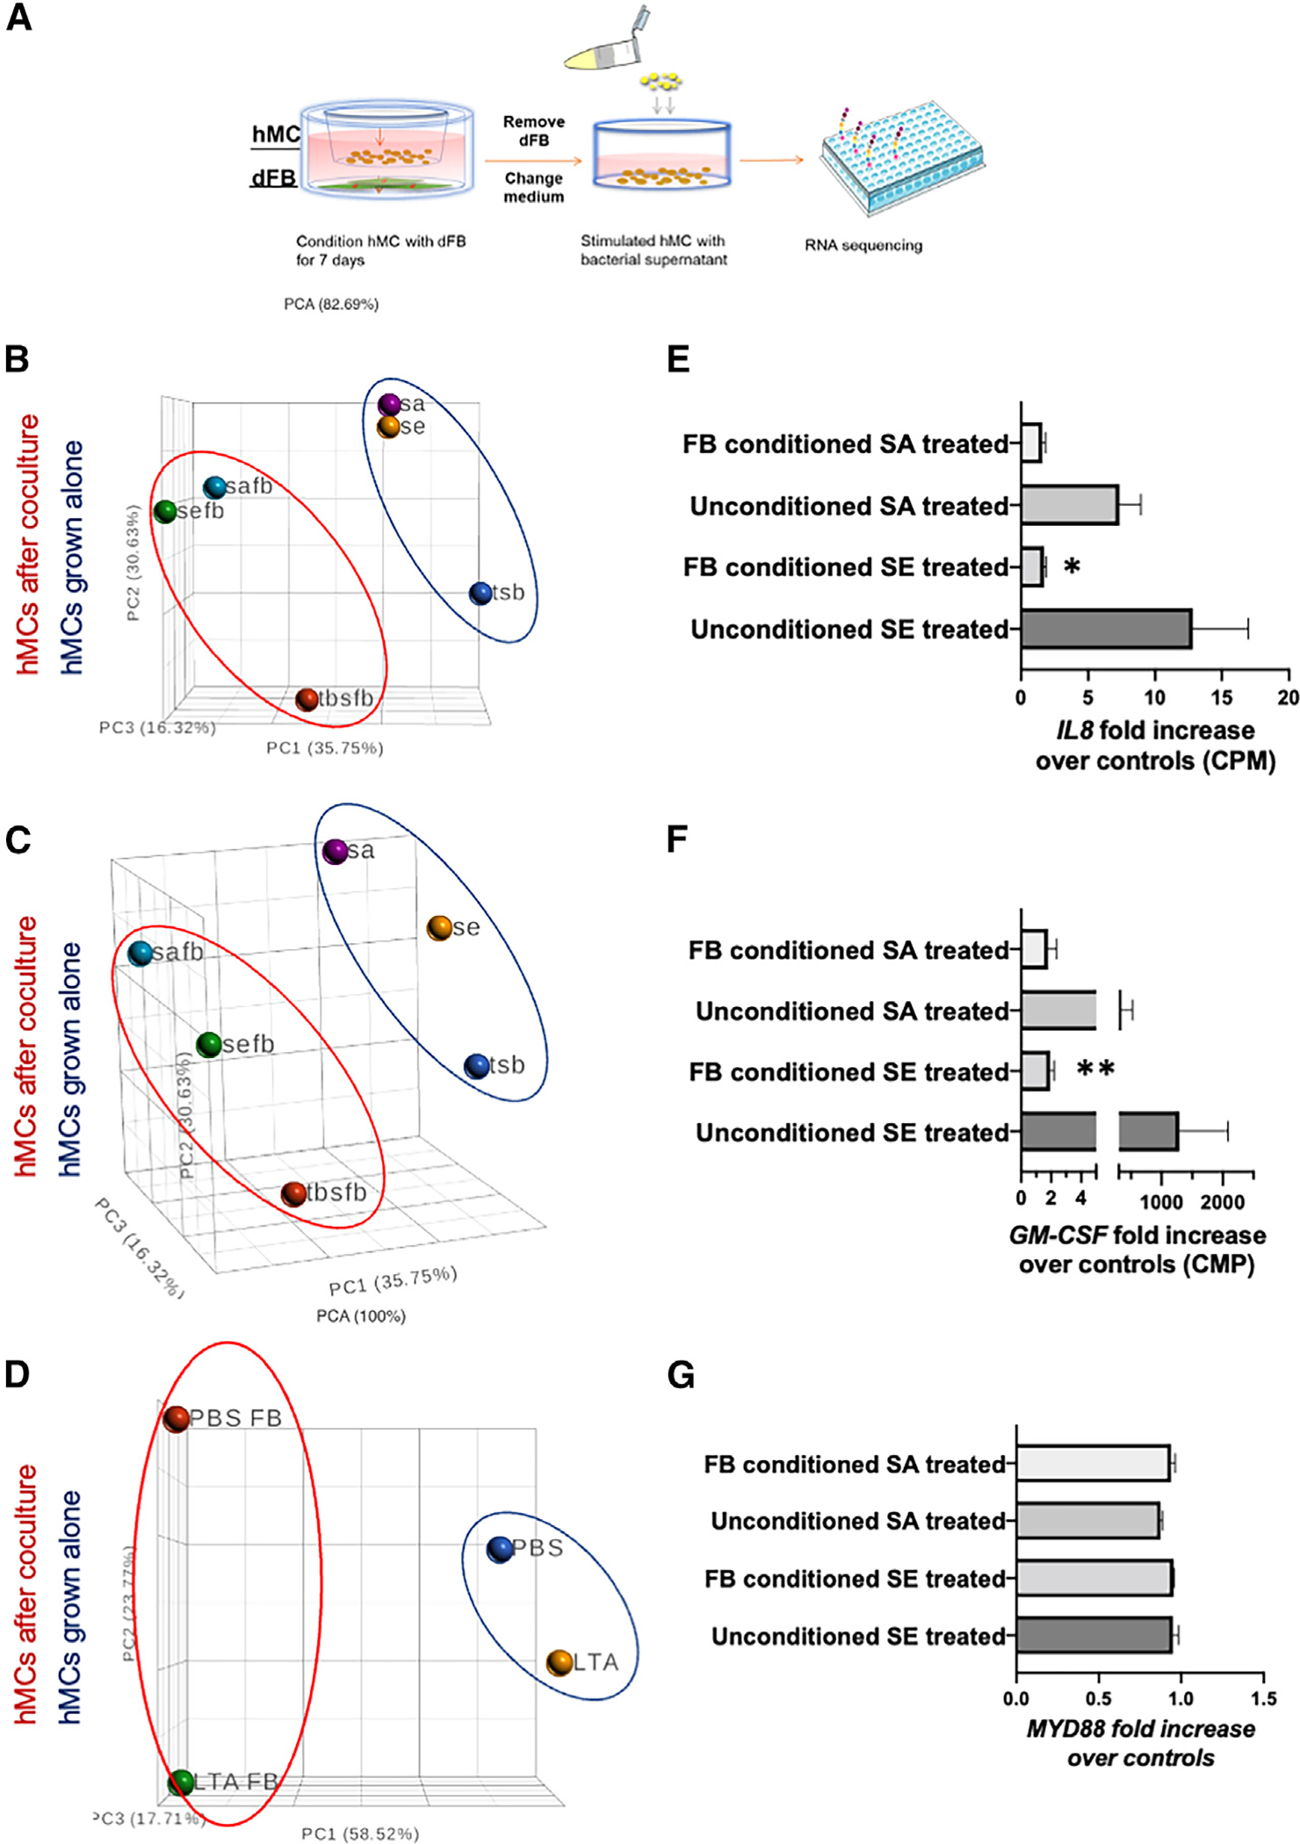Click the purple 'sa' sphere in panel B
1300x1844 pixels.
pos(389,405)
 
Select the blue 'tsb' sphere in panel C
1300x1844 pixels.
pos(477,1066)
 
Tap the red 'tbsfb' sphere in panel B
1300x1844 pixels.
pos(307,699)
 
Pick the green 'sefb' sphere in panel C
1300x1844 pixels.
pos(209,1045)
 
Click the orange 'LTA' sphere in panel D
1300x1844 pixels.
pos(560,1662)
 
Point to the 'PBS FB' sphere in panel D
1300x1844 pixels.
pos(177,1418)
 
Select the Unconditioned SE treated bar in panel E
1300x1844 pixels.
pos(1105,629)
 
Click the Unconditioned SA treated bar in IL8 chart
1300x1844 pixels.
pos(1069,506)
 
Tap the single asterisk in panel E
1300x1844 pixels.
pos(1072,567)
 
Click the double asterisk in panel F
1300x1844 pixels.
pos(1095,1070)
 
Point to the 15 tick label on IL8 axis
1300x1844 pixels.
pos(1221,697)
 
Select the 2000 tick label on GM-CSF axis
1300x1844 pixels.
pos(1223,1202)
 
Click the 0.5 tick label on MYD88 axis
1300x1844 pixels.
pos(1098,1699)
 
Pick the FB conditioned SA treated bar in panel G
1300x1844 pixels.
pos(1093,1464)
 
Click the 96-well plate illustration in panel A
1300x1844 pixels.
pos(903,158)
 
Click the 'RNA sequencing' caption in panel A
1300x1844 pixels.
pos(863,246)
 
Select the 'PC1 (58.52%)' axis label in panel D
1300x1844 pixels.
pos(360,1833)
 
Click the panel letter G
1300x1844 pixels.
pos(681,1375)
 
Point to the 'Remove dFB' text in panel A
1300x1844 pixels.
pos(533,131)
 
